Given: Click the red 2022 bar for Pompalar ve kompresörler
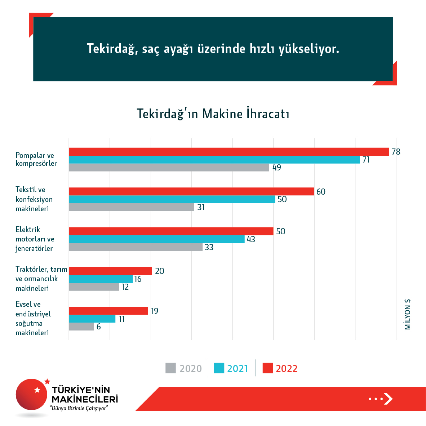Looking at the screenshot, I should [229, 152].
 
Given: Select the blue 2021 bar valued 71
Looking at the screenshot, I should [214, 160].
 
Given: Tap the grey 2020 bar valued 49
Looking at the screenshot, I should [169, 167].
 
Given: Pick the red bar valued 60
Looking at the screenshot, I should [191, 191].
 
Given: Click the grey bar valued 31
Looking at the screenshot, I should [132, 207].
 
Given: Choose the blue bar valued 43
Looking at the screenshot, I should [157, 239].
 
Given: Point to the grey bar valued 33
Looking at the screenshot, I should [136, 247].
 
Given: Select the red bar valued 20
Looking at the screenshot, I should [110, 271].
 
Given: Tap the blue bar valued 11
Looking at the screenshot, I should [92, 319].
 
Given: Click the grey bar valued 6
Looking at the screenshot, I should [81, 327].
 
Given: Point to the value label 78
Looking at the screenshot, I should [396, 152].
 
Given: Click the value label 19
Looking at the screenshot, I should [155, 311].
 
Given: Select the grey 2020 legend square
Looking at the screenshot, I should [170, 368].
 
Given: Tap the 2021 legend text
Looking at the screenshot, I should [238, 369].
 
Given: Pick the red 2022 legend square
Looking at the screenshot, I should [268, 368].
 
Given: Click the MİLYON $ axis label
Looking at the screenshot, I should [408, 314].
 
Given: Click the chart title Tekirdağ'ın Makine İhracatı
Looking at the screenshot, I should [213, 114].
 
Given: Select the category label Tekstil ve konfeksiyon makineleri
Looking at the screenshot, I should [34, 199].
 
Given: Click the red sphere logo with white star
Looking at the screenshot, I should [32, 395].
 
